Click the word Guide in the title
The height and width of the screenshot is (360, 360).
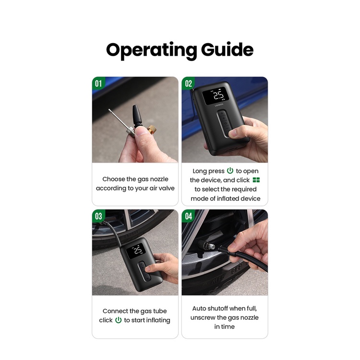click(228, 49)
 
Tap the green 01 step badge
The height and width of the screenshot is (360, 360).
click(98, 83)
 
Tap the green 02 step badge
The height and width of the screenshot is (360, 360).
click(188, 83)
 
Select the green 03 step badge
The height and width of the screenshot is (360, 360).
click(98, 216)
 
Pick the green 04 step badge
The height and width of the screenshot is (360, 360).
click(188, 216)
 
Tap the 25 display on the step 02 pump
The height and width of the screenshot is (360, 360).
click(218, 96)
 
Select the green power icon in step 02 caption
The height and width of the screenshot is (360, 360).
click(230, 171)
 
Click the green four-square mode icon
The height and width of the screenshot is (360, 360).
click(256, 180)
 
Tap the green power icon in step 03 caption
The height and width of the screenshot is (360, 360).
click(118, 320)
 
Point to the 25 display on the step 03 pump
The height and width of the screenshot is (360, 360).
click(138, 251)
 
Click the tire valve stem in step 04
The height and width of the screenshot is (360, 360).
click(206, 246)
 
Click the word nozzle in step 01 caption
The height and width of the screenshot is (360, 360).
click(159, 179)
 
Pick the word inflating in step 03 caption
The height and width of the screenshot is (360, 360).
click(158, 320)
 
